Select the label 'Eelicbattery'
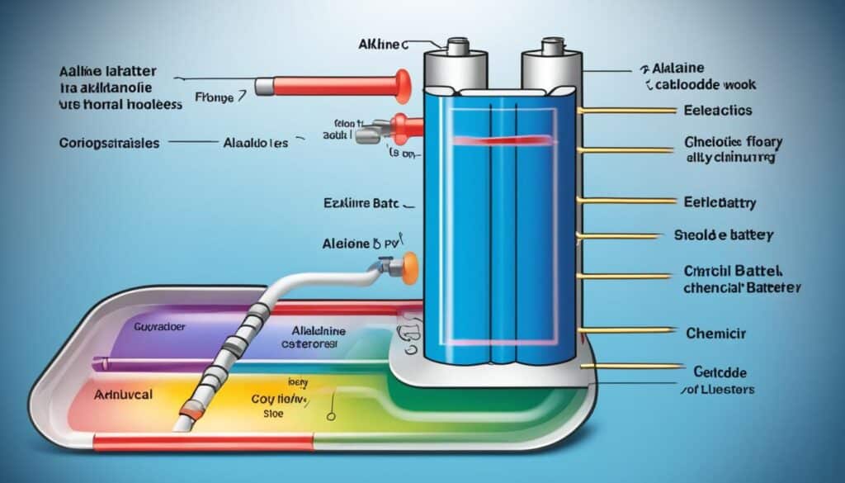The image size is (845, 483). [x=720, y=201]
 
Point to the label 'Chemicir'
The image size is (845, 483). [x=715, y=333]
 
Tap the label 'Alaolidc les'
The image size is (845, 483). [x=257, y=142]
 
